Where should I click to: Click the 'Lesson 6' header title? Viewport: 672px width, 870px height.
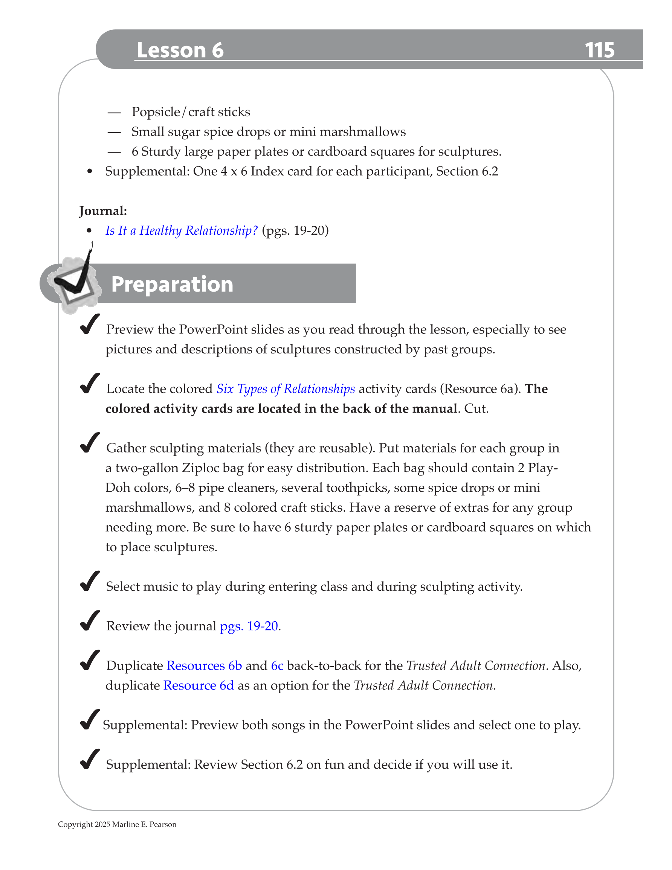[x=180, y=50]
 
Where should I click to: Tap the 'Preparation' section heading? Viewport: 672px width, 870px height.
[x=172, y=284]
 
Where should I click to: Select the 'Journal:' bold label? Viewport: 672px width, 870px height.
[x=103, y=211]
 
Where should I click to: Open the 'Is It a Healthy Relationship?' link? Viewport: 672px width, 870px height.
[x=181, y=231]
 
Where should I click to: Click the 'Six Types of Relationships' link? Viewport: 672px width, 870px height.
[x=286, y=389]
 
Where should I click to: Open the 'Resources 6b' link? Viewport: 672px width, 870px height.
[x=204, y=666]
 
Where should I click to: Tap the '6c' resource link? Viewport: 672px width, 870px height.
[x=277, y=666]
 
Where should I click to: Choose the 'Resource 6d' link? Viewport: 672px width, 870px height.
[x=199, y=686]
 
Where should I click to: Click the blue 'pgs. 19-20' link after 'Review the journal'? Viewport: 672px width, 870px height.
[x=249, y=626]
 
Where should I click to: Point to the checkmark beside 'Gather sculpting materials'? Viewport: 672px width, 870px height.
[x=89, y=443]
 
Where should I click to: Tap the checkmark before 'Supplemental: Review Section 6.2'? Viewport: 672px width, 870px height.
[x=89, y=759]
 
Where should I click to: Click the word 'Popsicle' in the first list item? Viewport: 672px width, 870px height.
[x=156, y=112]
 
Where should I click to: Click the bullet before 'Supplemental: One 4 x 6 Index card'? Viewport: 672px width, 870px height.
[x=90, y=172]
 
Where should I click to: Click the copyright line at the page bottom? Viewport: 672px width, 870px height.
[x=117, y=824]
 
